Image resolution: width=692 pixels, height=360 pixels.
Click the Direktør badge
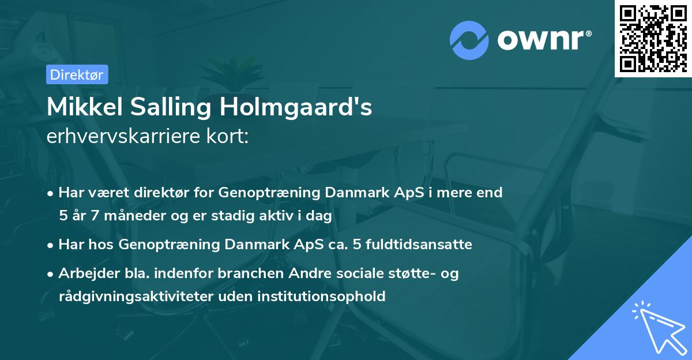(77, 74)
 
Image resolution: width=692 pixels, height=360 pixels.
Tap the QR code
(653, 38)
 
